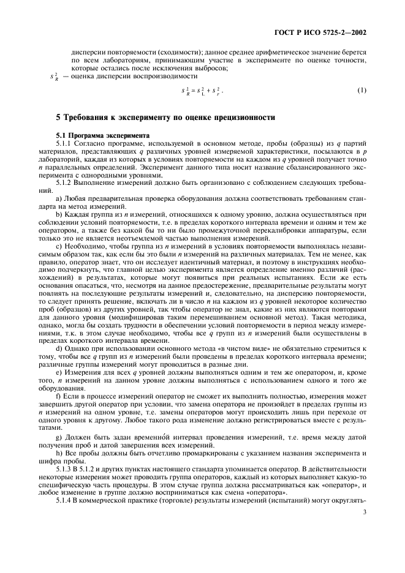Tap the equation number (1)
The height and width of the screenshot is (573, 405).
point(361,91)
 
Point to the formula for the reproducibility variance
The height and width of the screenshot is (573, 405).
point(202,91)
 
